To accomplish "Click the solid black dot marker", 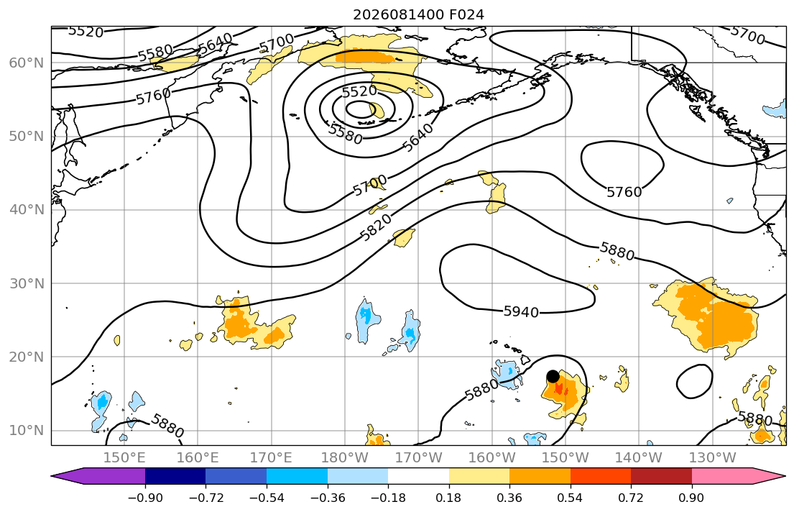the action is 553,377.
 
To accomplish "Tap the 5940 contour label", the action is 521,312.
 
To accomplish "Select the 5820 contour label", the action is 376,227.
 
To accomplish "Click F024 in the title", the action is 467,14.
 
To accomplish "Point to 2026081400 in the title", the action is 399,14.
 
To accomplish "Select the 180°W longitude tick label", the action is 345,458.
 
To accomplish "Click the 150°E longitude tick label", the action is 124,458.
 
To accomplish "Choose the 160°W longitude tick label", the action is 492,458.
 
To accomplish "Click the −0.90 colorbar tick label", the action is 145,498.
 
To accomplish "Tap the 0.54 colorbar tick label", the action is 571,498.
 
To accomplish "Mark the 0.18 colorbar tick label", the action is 448,498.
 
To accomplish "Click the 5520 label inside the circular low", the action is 359,91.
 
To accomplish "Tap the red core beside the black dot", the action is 559,389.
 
